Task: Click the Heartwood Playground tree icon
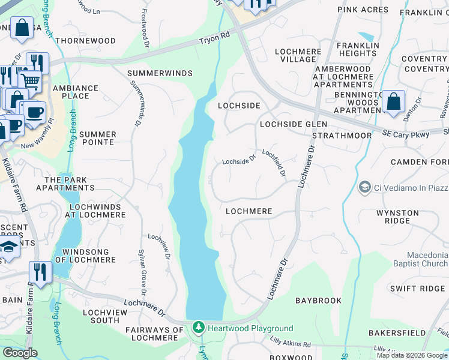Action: pyautogui.click(x=199, y=328)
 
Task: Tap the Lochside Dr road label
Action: pyautogui.click(x=239, y=161)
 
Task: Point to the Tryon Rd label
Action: pyautogui.click(x=214, y=39)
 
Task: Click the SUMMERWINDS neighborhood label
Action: pyautogui.click(x=160, y=73)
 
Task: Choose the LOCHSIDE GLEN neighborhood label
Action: pyautogui.click(x=293, y=124)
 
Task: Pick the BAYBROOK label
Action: pyautogui.click(x=318, y=300)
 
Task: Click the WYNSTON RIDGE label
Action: pyautogui.click(x=397, y=217)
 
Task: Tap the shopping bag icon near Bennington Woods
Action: pyautogui.click(x=394, y=102)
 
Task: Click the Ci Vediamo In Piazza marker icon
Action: pyautogui.click(x=364, y=188)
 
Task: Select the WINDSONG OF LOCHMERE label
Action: pyautogui.click(x=85, y=256)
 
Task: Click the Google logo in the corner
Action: pyautogui.click(x=20, y=353)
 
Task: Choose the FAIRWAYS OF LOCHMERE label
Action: pyautogui.click(x=154, y=334)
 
